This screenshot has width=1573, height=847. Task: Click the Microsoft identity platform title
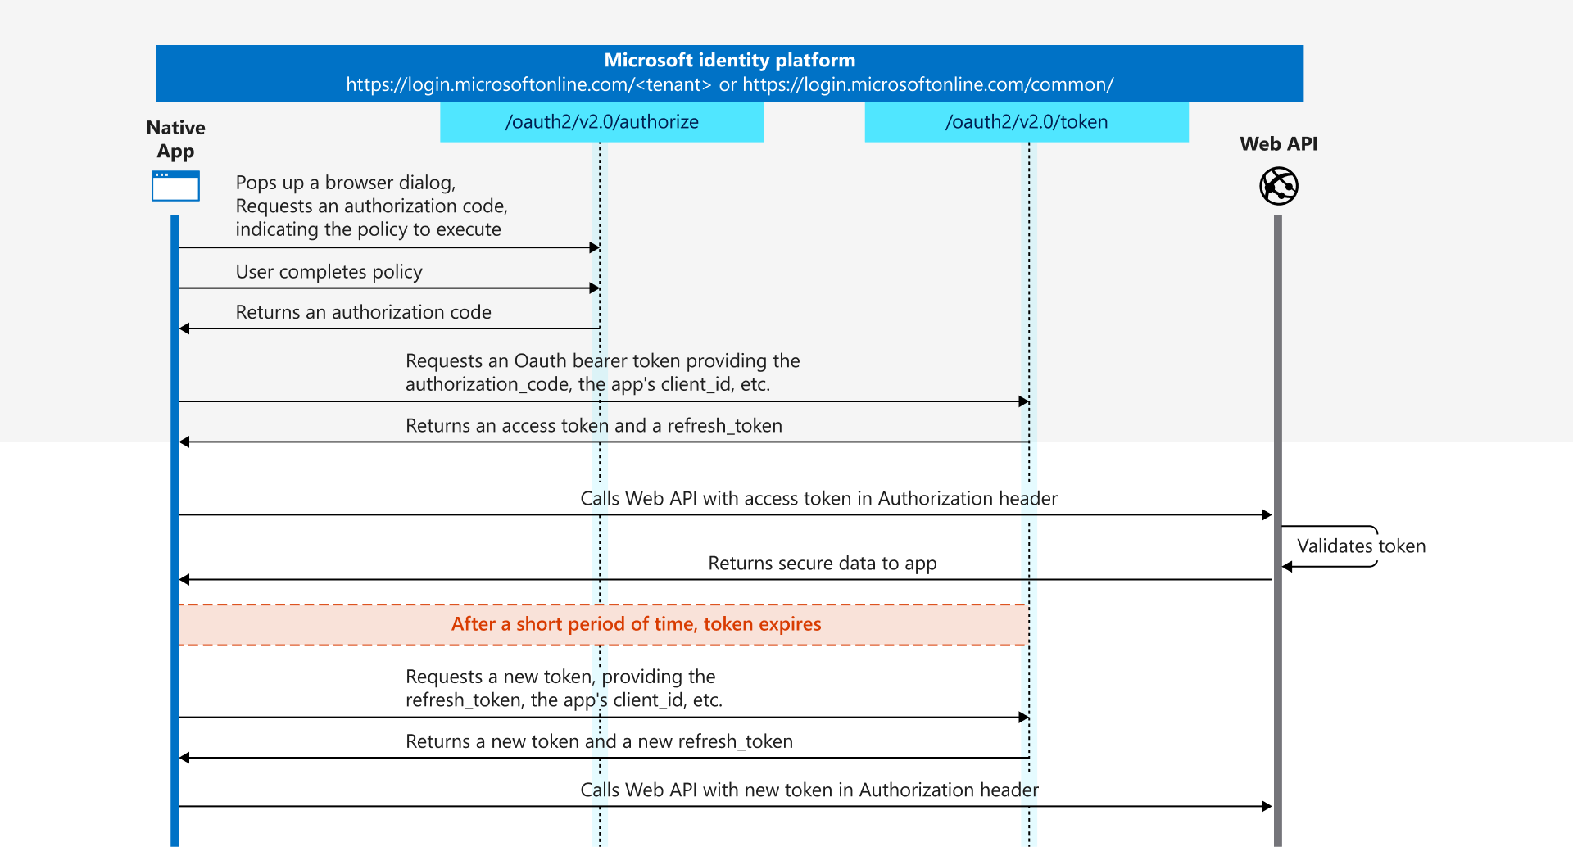[729, 60]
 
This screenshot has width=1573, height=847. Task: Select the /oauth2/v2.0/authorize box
[601, 122]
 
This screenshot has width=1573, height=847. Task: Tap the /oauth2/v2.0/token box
[1026, 122]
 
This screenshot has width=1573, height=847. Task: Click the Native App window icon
[175, 186]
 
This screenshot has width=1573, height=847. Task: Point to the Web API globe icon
[1278, 186]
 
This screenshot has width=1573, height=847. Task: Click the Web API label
[1278, 144]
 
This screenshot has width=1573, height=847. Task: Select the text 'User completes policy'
[329, 272]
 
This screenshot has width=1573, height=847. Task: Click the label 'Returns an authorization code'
[363, 312]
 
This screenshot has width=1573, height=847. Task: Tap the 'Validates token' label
[1361, 546]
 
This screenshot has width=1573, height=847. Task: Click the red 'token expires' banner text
[636, 624]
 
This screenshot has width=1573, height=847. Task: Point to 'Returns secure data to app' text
[822, 564]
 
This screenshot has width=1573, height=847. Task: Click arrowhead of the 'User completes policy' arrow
[595, 288]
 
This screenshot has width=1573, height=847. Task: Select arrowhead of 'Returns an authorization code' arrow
[184, 328]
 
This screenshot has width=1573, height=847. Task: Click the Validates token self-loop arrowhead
[1287, 567]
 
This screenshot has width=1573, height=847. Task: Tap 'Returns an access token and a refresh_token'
[593, 426]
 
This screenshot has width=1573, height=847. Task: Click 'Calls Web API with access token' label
[818, 499]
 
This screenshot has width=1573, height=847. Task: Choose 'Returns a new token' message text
[599, 741]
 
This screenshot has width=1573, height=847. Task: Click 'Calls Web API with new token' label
[809, 790]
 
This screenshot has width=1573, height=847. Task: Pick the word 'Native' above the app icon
[175, 128]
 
